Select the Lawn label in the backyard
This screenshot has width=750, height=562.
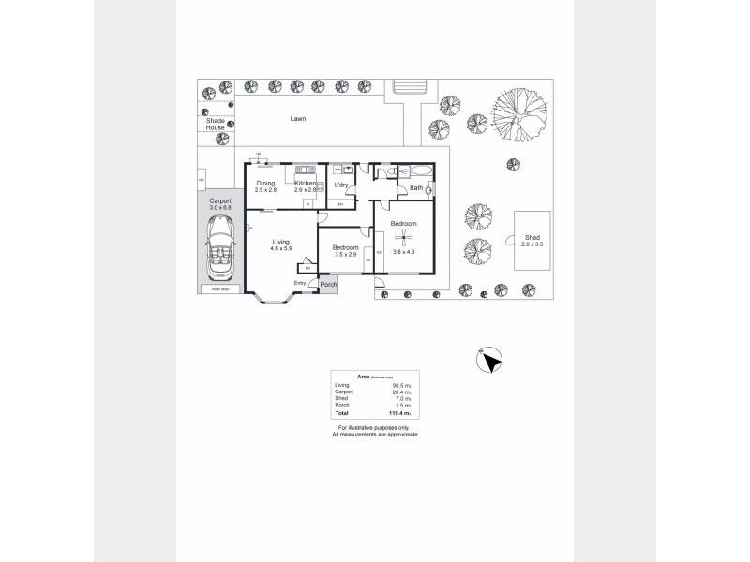pos(298,119)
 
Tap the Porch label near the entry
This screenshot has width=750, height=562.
pos(328,284)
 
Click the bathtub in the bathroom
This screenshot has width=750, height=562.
pos(415,170)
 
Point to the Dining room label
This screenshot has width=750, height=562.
pos(265,184)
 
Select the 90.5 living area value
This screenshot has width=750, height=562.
pos(397,385)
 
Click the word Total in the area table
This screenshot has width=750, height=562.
pos(341,413)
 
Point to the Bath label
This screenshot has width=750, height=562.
pos(416,187)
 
